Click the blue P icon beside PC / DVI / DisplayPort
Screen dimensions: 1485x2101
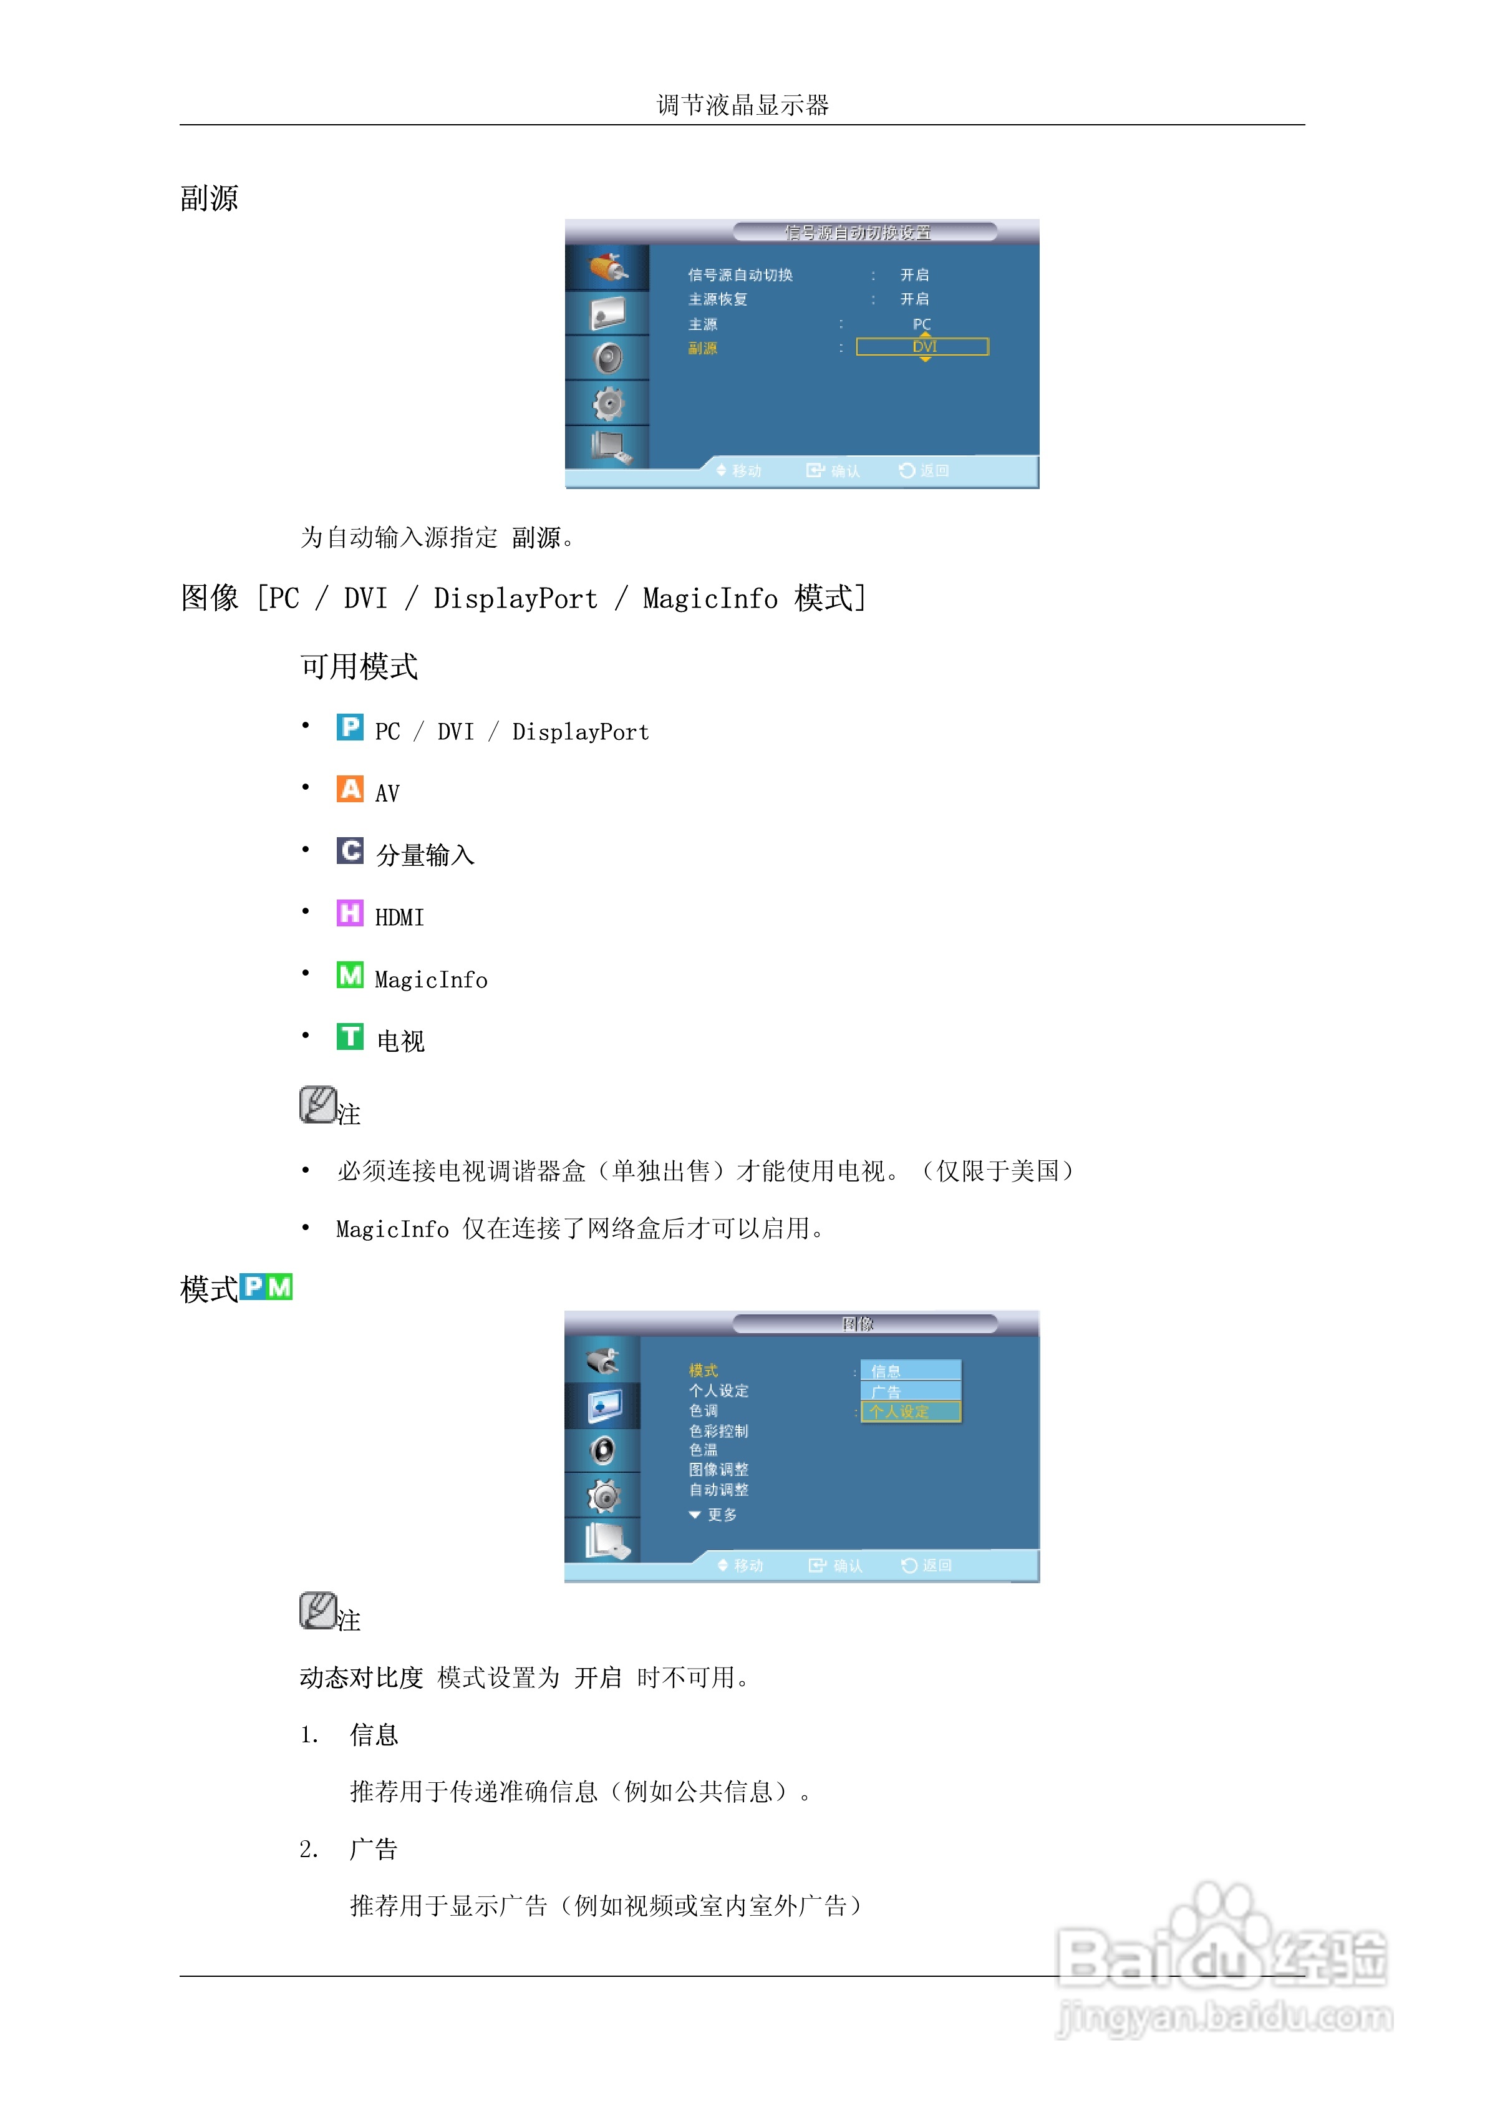(x=349, y=727)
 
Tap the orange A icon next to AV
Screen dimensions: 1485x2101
(x=349, y=788)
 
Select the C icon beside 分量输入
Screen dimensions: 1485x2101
(x=349, y=851)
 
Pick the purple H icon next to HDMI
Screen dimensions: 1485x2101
(x=349, y=913)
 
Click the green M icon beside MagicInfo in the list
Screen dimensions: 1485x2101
(x=349, y=976)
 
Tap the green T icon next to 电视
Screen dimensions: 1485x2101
(x=349, y=1037)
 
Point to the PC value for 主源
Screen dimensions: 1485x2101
(x=921, y=324)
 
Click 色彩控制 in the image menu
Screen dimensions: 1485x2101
(x=718, y=1431)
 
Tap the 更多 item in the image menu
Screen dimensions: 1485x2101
(x=721, y=1515)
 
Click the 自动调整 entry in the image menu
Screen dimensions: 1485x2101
(x=718, y=1490)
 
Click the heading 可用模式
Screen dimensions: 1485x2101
(x=359, y=666)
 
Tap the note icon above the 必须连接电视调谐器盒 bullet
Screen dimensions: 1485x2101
(x=317, y=1105)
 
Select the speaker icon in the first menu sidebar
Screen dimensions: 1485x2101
(x=607, y=358)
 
